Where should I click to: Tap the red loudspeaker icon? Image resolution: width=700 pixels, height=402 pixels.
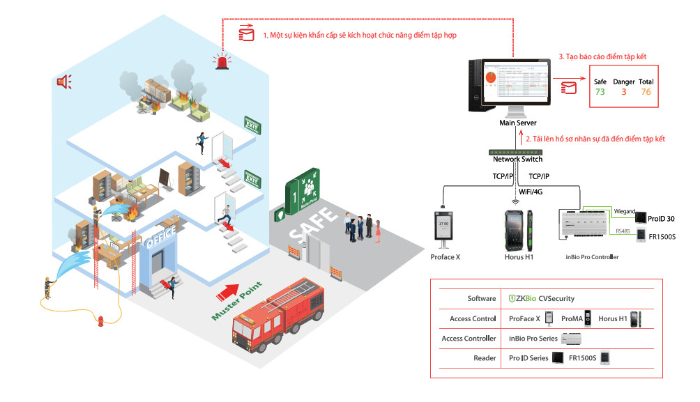point(64,82)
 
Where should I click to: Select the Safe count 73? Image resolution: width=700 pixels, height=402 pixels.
point(600,92)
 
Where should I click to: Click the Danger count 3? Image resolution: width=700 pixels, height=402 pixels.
point(623,92)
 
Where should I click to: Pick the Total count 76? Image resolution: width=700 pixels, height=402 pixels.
point(646,92)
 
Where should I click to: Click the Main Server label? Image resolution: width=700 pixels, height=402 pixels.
point(517,123)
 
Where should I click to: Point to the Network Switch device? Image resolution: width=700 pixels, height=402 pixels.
point(517,151)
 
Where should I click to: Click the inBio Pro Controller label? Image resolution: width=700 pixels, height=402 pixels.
point(591,257)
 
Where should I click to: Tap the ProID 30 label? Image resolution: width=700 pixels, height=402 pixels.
point(660,219)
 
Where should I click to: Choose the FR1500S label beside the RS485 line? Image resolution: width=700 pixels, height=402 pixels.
point(662,237)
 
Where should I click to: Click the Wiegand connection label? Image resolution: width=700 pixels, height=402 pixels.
point(624,210)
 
